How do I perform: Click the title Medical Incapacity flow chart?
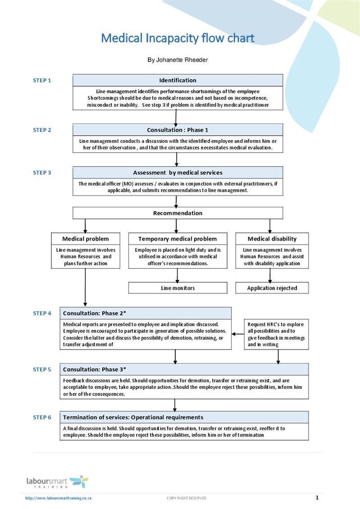[178, 38]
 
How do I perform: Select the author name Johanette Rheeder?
[182, 60]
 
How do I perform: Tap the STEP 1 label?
[42, 81]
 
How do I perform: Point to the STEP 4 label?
[42, 313]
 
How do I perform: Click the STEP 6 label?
[42, 418]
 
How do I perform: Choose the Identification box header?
[178, 80]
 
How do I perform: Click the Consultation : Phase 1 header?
[178, 130]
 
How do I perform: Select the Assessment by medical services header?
[178, 173]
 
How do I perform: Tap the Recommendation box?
[178, 213]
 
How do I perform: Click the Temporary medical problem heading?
[178, 239]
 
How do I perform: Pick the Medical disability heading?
[272, 239]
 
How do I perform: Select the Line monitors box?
[178, 288]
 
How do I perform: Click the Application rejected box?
[272, 288]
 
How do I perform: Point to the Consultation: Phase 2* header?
[146, 313]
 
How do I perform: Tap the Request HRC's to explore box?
[276, 334]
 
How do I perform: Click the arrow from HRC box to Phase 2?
[237, 334]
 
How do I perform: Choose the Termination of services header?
[184, 418]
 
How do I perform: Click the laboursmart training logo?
[57, 482]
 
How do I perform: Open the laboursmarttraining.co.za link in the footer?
[58, 498]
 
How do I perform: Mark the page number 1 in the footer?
[317, 498]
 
